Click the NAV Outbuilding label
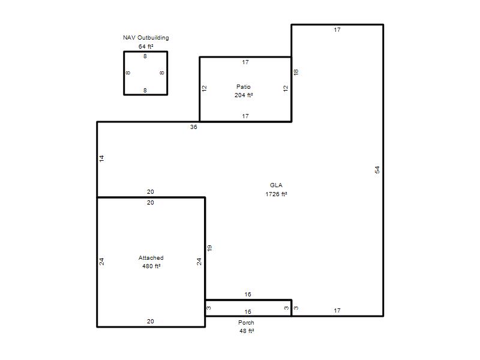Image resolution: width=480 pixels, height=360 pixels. pyautogui.click(x=146, y=38)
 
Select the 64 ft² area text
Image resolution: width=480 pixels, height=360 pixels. pyautogui.click(x=146, y=47)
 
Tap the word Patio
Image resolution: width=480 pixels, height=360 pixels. pyautogui.click(x=244, y=86)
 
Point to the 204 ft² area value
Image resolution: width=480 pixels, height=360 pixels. pyautogui.click(x=244, y=95)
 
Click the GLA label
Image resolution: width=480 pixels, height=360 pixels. pyautogui.click(x=276, y=185)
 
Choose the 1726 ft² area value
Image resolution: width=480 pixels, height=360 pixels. pyautogui.click(x=276, y=194)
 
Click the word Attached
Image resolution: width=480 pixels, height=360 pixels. pyautogui.click(x=151, y=258)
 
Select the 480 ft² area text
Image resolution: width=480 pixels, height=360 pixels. pyautogui.click(x=151, y=266)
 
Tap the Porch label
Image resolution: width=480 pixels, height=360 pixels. pyautogui.click(x=246, y=323)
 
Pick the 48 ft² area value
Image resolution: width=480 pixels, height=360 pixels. pyautogui.click(x=247, y=331)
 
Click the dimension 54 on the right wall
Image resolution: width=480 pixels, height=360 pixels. pyautogui.click(x=377, y=170)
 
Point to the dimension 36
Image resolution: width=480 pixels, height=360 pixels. pyautogui.click(x=193, y=127)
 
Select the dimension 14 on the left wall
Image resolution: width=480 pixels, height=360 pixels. pyautogui.click(x=101, y=158)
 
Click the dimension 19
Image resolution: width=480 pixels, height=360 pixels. pyautogui.click(x=209, y=248)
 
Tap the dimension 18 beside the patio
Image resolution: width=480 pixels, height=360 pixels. pyautogui.click(x=296, y=72)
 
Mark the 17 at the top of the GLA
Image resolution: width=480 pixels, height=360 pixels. pyautogui.click(x=337, y=29)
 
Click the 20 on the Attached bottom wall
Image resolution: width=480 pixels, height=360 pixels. pyautogui.click(x=151, y=322)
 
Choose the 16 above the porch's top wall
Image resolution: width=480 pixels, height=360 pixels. pyautogui.click(x=248, y=295)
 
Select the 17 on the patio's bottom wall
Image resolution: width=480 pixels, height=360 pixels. pyautogui.click(x=245, y=116)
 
